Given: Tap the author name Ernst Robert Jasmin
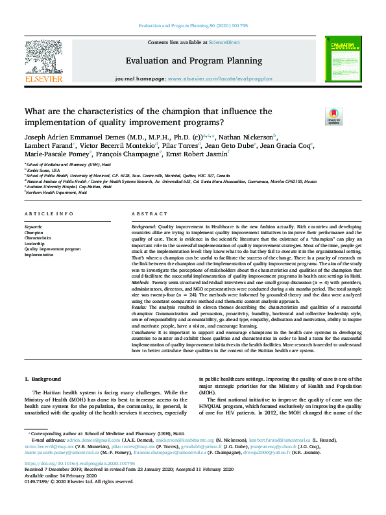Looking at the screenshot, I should pos(205,155).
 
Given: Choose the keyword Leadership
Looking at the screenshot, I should pos(35,243).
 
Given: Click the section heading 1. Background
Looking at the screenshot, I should pos(43,379).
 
